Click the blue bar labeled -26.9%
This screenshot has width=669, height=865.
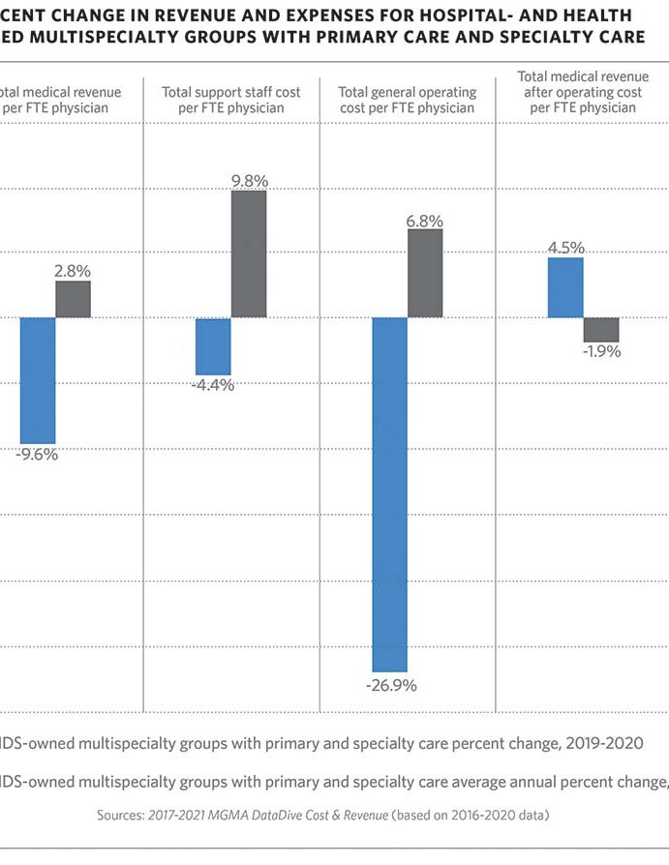tap(389, 494)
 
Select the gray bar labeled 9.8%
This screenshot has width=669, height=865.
tap(249, 254)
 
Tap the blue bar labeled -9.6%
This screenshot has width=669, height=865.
tap(38, 380)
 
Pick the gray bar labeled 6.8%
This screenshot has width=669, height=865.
tap(425, 273)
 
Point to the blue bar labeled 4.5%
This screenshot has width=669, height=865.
tap(565, 287)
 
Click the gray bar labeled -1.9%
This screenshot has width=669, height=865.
tap(601, 329)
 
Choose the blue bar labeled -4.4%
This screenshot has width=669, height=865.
tap(213, 346)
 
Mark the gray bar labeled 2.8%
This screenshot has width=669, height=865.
tap(73, 299)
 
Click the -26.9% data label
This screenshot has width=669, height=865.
tap(390, 686)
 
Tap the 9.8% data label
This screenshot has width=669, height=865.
tap(249, 181)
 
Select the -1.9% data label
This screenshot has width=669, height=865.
tap(601, 351)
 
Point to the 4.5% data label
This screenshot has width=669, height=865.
tap(565, 248)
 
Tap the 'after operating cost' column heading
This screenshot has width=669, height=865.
tap(583, 92)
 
